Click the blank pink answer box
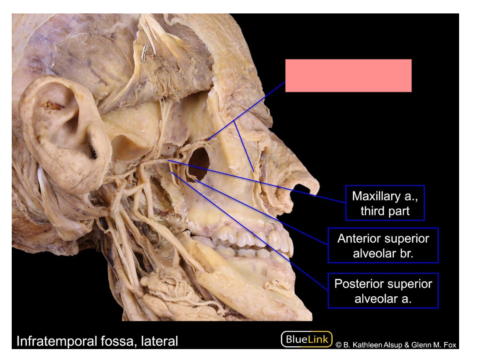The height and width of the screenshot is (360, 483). (349, 75)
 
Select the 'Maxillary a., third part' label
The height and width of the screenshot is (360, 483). (385, 203)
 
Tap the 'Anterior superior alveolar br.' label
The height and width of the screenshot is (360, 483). (383, 245)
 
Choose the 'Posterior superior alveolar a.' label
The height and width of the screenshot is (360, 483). (383, 291)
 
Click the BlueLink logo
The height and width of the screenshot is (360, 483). (307, 339)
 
